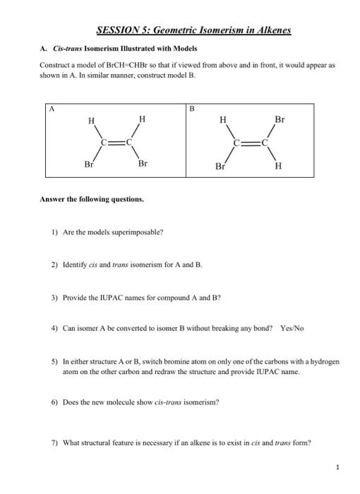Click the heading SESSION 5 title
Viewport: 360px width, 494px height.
coord(193,31)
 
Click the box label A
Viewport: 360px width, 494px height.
coord(51,109)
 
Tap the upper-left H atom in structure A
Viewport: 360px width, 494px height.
coord(90,121)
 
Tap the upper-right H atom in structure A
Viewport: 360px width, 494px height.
coord(143,119)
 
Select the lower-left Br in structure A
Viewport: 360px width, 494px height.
coord(89,164)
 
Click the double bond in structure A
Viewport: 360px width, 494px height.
coord(116,141)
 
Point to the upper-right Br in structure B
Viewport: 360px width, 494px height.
coord(280,119)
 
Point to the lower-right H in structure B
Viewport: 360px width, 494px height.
coord(278,167)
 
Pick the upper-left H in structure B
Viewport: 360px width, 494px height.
coord(223,120)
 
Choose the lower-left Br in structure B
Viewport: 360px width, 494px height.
coord(221,167)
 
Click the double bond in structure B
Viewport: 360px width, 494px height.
coord(251,143)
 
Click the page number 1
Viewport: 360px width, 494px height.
coord(338,466)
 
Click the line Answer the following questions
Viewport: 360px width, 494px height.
coord(92,199)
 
